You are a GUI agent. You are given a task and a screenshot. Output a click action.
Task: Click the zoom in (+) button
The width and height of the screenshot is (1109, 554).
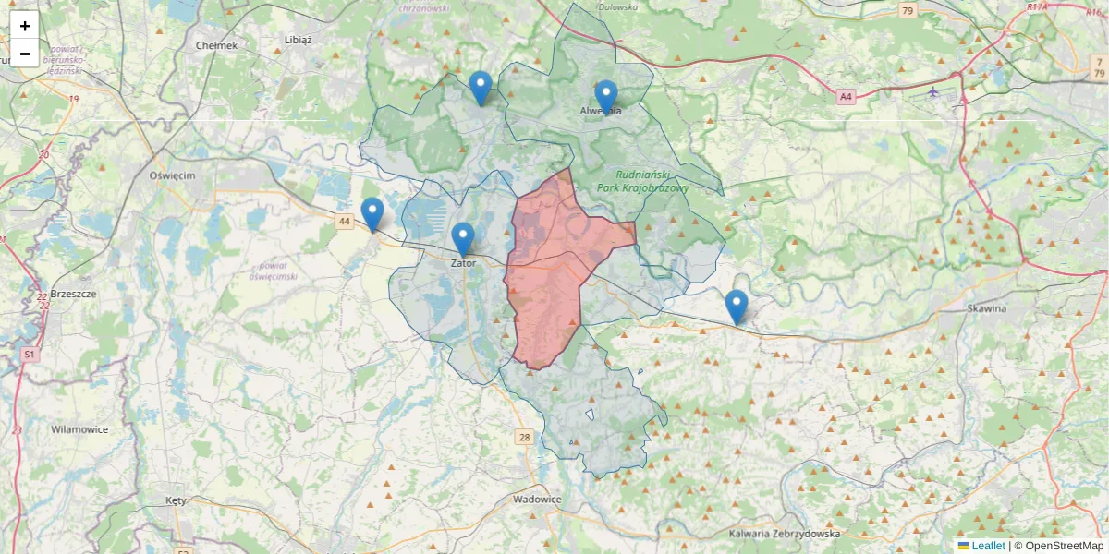point(25,26)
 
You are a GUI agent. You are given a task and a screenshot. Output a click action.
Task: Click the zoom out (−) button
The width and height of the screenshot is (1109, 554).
point(25,54)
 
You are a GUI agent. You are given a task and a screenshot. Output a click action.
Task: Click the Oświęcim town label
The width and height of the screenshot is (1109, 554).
point(172,175)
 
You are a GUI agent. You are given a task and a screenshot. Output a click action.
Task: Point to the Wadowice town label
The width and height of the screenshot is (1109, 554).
point(537,500)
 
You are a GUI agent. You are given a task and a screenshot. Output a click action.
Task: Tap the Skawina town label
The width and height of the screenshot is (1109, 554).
point(986,308)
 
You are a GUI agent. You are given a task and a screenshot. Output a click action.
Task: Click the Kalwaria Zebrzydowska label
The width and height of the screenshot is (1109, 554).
point(785,534)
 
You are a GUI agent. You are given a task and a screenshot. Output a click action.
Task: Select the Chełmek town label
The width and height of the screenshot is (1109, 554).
point(217,45)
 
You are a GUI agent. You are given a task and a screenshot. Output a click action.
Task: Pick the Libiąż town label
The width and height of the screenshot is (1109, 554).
point(299,41)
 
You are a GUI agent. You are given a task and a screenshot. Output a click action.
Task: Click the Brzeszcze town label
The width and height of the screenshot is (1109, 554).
point(74,294)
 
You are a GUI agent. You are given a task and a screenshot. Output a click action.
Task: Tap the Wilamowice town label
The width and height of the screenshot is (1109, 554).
point(79,429)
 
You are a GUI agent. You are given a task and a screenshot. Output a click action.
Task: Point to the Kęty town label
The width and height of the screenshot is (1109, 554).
point(176,500)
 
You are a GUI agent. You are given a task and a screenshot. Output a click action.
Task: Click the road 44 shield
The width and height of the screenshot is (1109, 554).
point(345,222)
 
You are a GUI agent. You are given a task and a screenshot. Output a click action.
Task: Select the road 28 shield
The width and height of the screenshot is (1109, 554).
point(525,437)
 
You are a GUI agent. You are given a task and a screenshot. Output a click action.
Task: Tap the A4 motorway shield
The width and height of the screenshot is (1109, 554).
point(846,96)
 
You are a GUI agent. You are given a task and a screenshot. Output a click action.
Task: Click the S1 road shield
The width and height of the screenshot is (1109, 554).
point(30,354)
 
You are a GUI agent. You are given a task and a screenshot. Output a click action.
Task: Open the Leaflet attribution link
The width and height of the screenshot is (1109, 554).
point(987,546)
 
